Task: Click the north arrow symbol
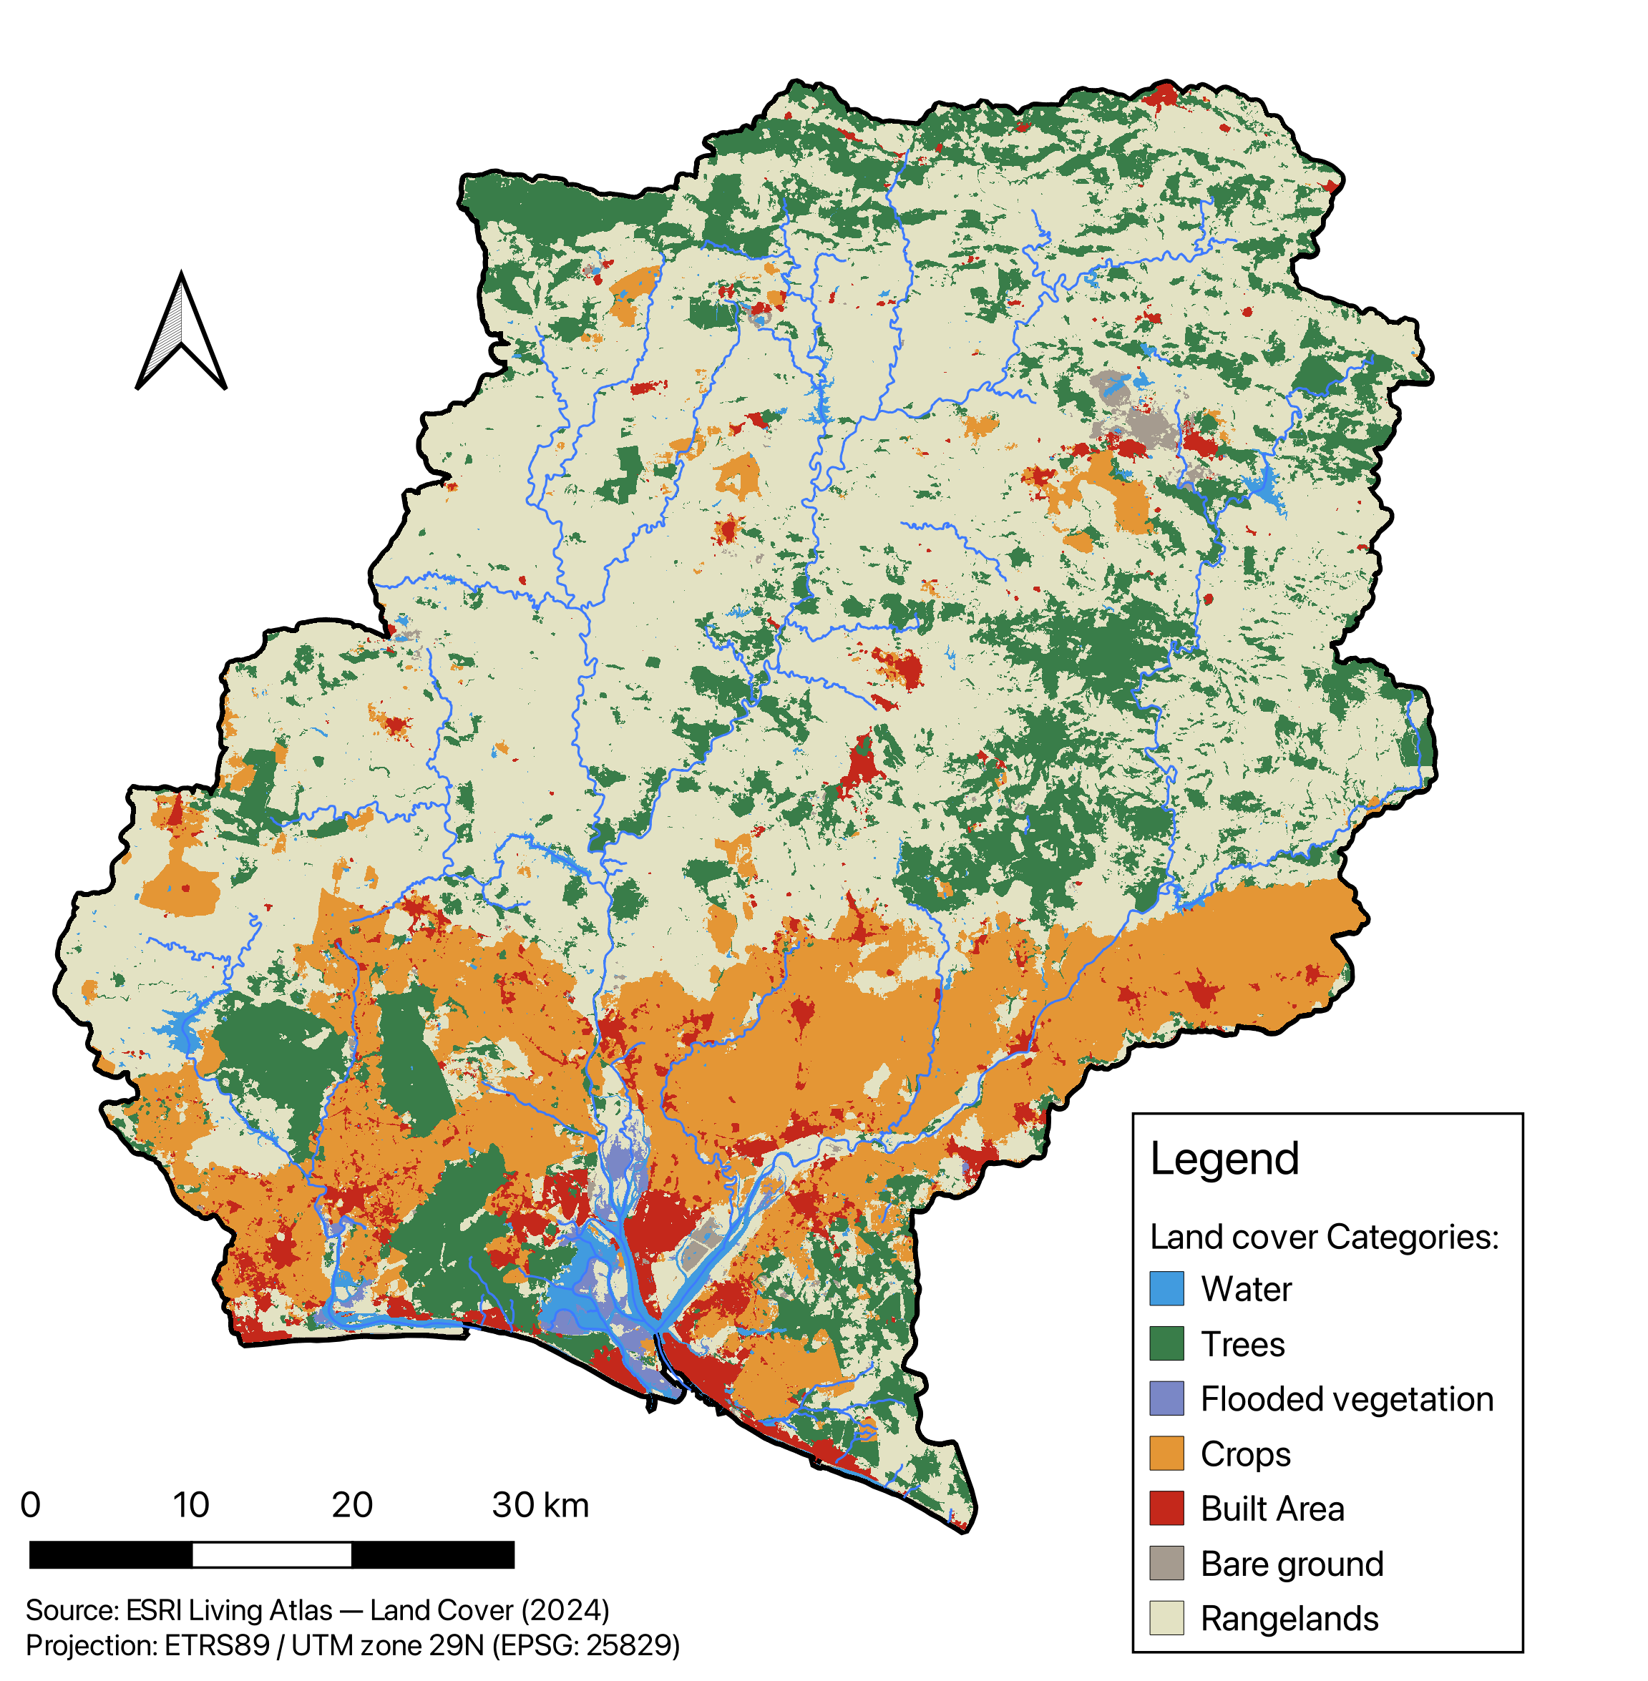[181, 333]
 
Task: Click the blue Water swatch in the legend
[1166, 1288]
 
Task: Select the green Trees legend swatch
[1166, 1343]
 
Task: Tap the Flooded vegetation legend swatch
[1166, 1398]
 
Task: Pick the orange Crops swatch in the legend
[1166, 1454]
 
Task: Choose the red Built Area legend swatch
[1166, 1508]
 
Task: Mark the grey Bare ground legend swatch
[1166, 1564]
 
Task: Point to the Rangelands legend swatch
[1166, 1618]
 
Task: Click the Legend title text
[1224, 1158]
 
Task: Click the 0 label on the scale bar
[30, 1505]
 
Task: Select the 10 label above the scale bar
[190, 1505]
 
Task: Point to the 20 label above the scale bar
[351, 1505]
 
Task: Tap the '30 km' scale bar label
[540, 1505]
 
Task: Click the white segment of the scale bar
[271, 1554]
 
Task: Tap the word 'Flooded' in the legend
[1249, 1399]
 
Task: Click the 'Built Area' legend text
[1272, 1509]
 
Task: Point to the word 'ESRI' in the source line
[153, 1610]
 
